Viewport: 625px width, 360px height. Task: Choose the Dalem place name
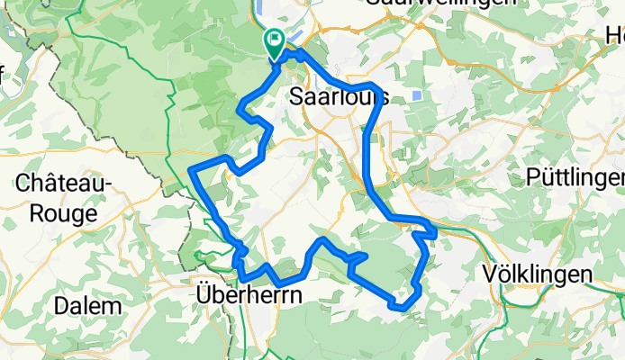click(87, 305)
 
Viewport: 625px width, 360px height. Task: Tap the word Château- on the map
click(63, 184)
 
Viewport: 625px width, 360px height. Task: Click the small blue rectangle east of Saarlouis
click(415, 94)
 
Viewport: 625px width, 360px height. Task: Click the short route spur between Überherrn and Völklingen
click(358, 258)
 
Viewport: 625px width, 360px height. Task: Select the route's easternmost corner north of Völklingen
click(435, 232)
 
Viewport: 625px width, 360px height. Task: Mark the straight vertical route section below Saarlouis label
click(368, 153)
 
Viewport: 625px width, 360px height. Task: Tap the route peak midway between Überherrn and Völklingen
click(322, 239)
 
